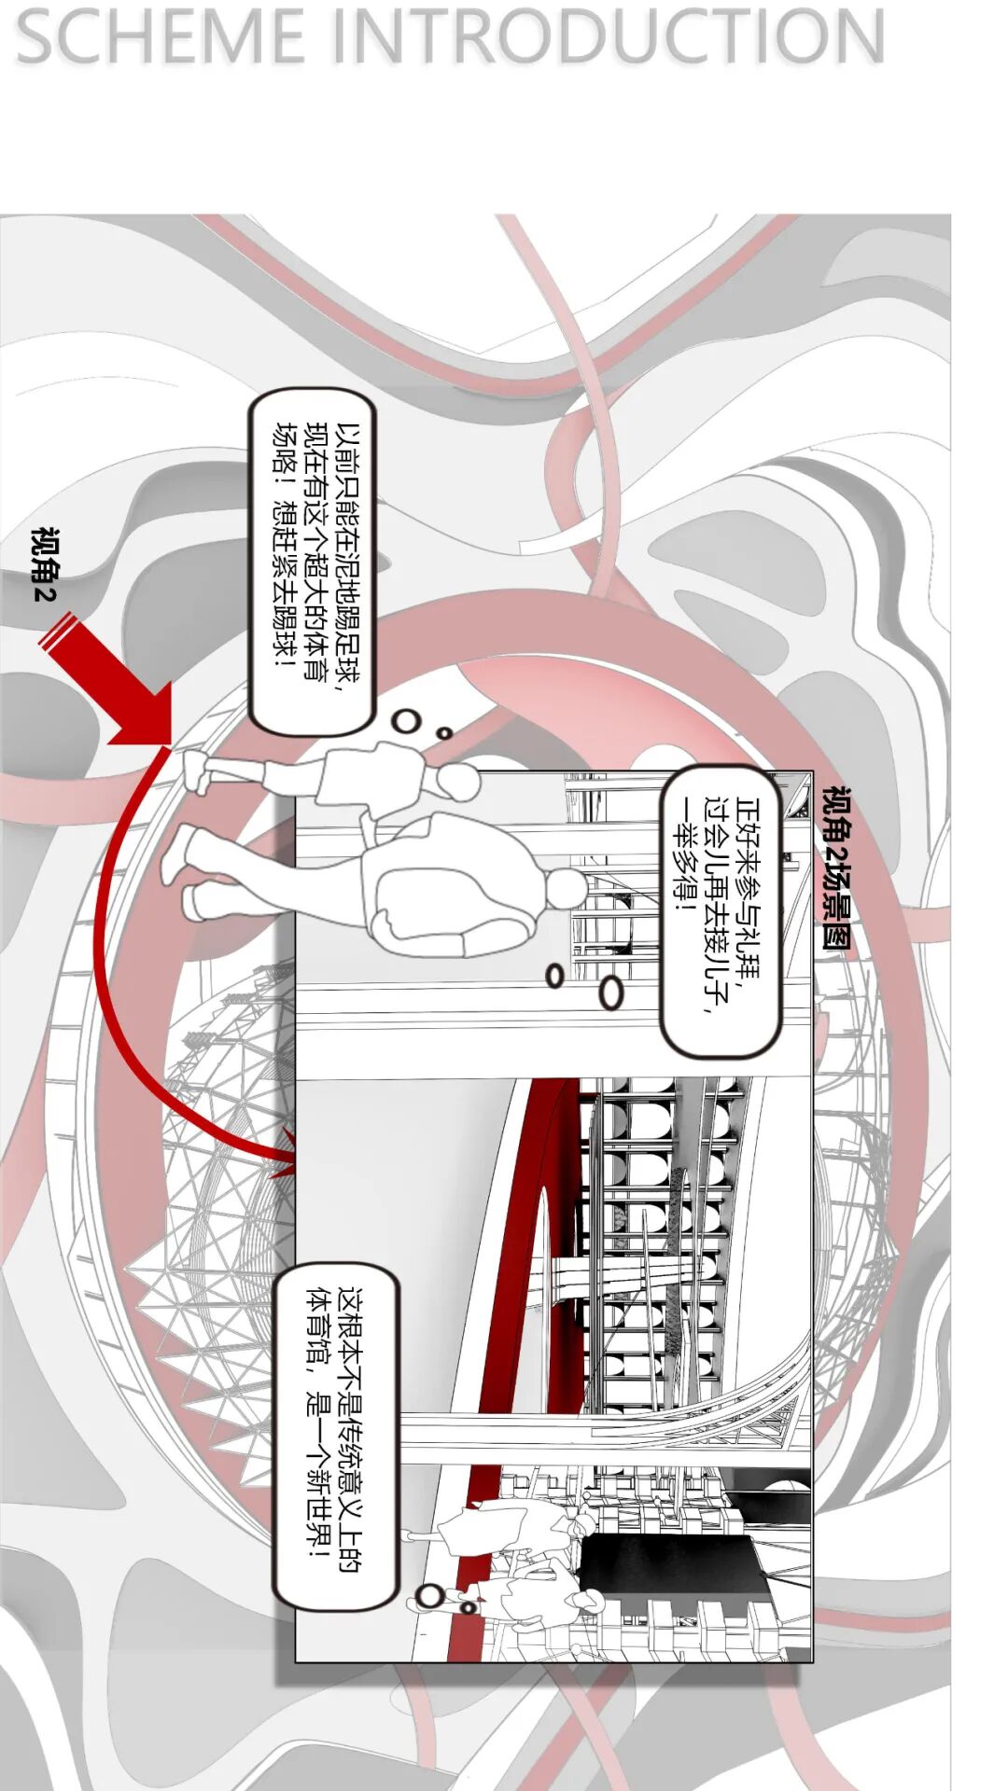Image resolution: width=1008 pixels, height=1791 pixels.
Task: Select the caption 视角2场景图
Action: [836, 868]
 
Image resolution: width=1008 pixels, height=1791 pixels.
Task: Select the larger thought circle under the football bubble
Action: [405, 720]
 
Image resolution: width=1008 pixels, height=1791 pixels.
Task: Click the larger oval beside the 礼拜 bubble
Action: [611, 993]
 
